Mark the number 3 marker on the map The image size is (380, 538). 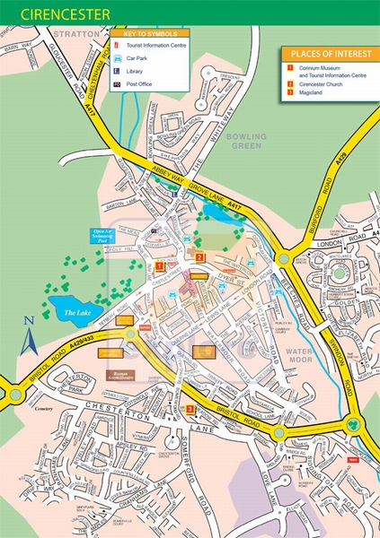[x=190, y=410]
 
